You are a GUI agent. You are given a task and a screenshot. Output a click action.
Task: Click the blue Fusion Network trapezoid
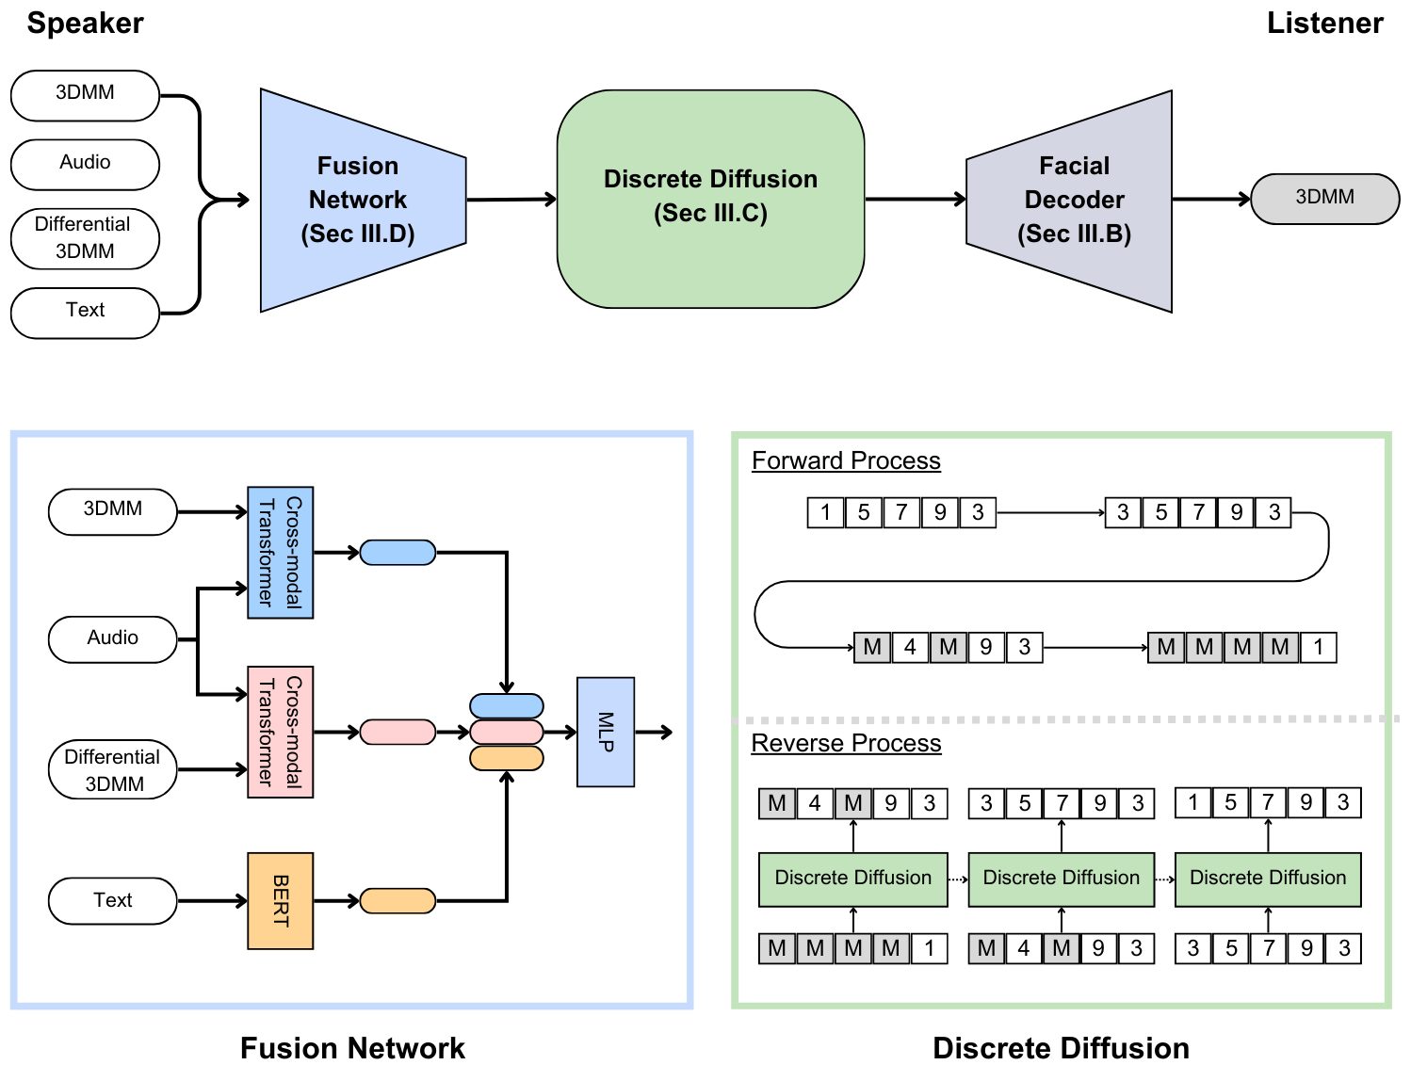click(363, 200)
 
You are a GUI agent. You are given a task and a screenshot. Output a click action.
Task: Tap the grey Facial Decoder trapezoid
click(1074, 200)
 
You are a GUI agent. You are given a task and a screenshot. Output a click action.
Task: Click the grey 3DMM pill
click(1324, 198)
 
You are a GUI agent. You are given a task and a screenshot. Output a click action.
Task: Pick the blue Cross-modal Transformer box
click(280, 552)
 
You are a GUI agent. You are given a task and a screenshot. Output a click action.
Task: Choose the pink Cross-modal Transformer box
click(280, 732)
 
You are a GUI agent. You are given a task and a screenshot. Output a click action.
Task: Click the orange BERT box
click(280, 900)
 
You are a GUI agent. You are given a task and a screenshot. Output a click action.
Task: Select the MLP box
click(605, 732)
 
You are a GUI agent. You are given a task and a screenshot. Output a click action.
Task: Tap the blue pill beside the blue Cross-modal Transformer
click(397, 553)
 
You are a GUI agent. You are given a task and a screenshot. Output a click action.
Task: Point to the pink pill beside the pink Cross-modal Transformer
click(397, 732)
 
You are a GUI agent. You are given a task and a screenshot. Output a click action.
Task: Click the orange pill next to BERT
click(397, 901)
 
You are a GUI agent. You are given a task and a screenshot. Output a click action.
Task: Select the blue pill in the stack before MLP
click(506, 705)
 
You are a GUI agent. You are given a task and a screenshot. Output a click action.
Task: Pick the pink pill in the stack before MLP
click(506, 732)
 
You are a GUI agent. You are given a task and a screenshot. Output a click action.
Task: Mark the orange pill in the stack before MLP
click(506, 758)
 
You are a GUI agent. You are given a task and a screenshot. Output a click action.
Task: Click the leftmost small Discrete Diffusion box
click(852, 879)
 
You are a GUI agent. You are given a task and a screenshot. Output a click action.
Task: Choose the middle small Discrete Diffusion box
click(1061, 879)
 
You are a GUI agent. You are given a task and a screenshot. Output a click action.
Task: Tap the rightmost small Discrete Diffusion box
click(1268, 879)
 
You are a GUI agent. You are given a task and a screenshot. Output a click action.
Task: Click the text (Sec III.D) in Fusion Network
click(358, 234)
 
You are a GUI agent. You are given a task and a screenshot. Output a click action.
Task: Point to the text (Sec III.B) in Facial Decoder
click(1074, 234)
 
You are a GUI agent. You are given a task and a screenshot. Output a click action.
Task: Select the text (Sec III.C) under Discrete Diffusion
click(710, 213)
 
